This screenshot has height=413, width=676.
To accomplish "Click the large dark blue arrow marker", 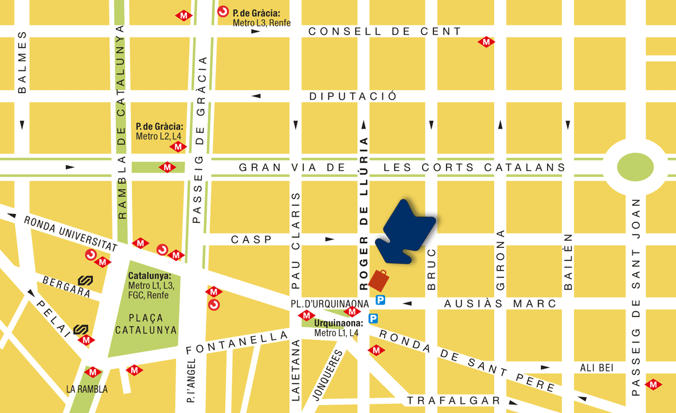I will (407, 233).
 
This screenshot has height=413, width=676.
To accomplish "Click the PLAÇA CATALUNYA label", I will (146, 324).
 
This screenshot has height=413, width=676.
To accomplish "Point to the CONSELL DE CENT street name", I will (385, 32).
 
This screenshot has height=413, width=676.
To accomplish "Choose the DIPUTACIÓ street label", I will (353, 96).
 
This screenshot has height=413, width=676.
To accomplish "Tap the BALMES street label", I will (22, 62).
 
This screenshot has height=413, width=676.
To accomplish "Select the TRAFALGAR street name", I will (453, 401).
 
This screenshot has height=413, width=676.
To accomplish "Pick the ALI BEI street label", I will (596, 368).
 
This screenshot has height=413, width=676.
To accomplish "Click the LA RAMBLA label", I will (86, 389).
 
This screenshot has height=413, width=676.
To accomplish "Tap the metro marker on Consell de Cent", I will (486, 41).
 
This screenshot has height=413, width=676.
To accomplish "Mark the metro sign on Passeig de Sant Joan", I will (653, 384).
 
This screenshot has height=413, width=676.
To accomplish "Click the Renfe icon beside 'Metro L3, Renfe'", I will (223, 11).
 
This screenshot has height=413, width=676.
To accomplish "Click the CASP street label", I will (252, 240).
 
